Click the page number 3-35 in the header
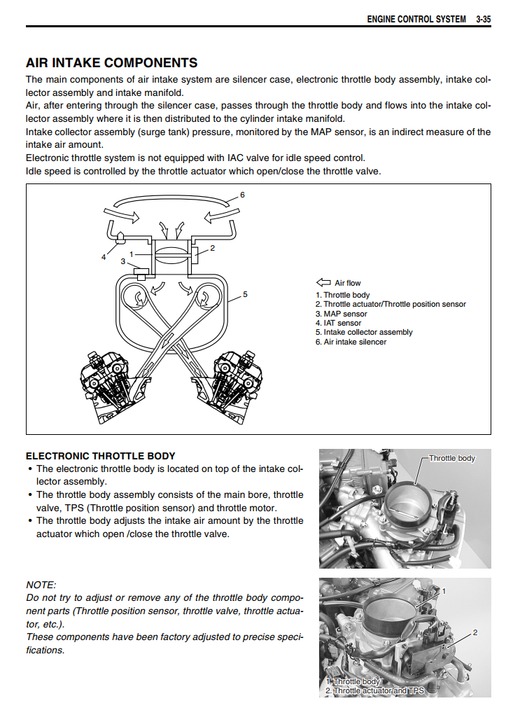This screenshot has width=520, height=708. coord(482,19)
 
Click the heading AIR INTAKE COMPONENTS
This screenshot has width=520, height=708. coord(111,63)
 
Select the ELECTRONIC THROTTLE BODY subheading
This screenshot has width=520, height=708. coord(100,456)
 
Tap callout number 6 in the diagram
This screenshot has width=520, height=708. coord(242,195)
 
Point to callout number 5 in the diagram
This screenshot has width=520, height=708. coord(245,294)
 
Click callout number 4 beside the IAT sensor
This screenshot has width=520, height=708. coord(104,257)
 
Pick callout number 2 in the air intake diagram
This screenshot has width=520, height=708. coord(212,248)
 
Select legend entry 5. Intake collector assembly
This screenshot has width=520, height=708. coord(364,333)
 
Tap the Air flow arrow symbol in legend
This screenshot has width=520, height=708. coord(323,283)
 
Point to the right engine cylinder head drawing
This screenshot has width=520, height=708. coord(238,384)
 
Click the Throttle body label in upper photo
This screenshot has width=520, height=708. coord(451,459)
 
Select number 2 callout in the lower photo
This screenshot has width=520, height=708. coord(475,632)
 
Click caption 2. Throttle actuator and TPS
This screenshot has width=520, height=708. coord(374,690)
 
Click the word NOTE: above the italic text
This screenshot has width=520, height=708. coord(41,585)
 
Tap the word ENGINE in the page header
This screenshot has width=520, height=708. coord(381,19)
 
